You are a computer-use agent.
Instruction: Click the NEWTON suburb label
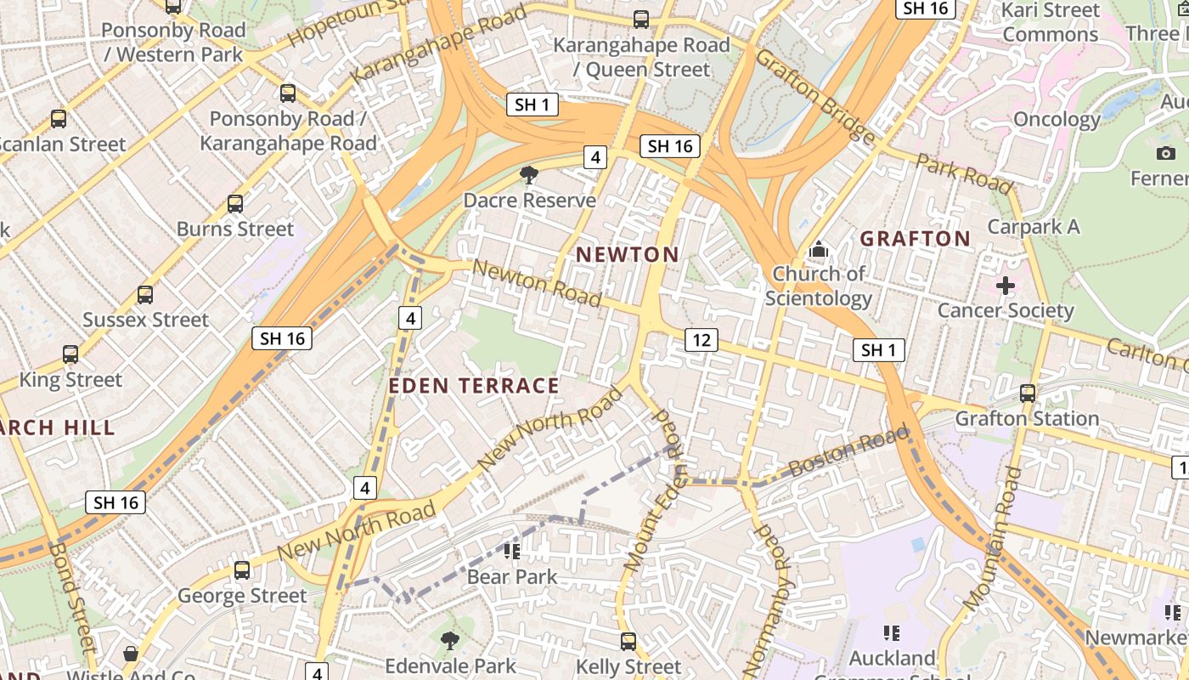click(x=628, y=254)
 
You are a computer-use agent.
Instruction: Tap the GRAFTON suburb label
click(x=915, y=238)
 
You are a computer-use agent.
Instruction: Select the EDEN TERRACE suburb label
click(x=474, y=386)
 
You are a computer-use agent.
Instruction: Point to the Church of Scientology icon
click(x=819, y=249)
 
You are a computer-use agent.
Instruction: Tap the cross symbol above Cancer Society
click(x=1006, y=286)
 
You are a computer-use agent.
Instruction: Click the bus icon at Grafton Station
click(x=1028, y=394)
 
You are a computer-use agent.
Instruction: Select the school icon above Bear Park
click(x=512, y=552)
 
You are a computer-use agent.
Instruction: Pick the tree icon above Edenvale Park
click(x=450, y=640)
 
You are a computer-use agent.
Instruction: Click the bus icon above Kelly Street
click(x=628, y=642)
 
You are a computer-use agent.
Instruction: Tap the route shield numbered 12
click(x=702, y=341)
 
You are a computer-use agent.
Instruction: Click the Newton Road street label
click(x=537, y=283)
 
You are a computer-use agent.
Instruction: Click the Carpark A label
click(x=1034, y=227)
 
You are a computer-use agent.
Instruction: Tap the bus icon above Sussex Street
click(x=145, y=295)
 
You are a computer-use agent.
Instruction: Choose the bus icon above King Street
click(x=70, y=354)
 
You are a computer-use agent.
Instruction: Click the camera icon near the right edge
click(x=1166, y=153)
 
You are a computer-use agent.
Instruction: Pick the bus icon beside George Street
click(x=242, y=570)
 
